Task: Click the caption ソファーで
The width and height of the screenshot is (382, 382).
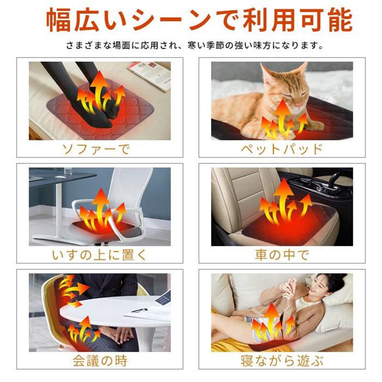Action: pyautogui.click(x=96, y=149)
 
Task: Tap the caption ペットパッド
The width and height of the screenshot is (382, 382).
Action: pyautogui.click(x=282, y=149)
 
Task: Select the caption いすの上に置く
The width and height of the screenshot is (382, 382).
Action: pyautogui.click(x=99, y=255)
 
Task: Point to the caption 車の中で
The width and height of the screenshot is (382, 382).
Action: pyautogui.click(x=282, y=255)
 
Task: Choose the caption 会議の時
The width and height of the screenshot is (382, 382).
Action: pyautogui.click(x=100, y=361)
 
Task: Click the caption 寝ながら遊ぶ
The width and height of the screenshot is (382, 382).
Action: pyautogui.click(x=282, y=361)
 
